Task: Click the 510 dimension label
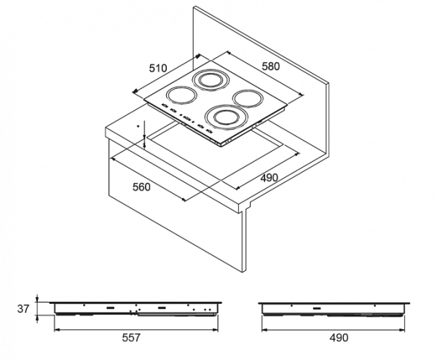[x=158, y=68]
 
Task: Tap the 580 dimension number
[x=271, y=66]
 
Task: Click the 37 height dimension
[x=22, y=308]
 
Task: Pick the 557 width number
[x=130, y=337]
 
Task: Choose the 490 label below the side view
[x=339, y=337]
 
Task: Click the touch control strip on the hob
[x=186, y=117]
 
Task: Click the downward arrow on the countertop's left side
[x=145, y=138]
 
